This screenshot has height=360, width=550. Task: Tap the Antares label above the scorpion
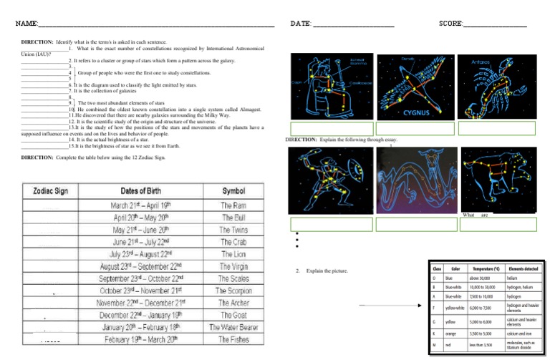(481, 62)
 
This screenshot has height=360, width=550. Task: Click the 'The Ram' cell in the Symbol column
(233, 205)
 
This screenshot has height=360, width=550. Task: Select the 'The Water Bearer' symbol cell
(233, 327)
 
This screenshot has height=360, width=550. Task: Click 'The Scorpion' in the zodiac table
(233, 291)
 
